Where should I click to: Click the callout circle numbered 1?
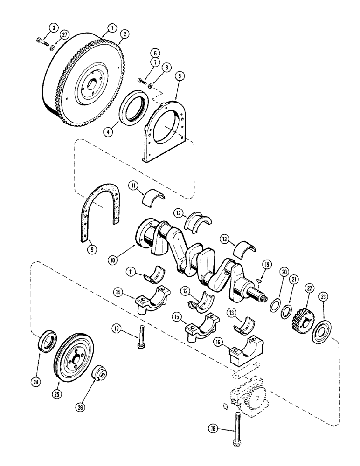point(110,28)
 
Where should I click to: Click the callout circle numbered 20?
point(284,273)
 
